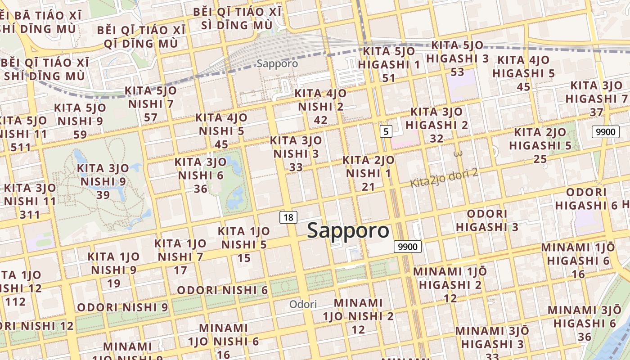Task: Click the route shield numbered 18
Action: [288, 218]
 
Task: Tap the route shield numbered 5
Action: [386, 131]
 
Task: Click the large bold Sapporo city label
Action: [348, 230]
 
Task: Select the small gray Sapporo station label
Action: [277, 63]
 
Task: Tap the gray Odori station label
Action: [303, 304]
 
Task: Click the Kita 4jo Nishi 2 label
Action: [320, 107]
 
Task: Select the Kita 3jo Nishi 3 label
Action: [296, 153]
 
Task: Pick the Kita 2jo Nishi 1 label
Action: [368, 173]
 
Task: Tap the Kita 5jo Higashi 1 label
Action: [389, 64]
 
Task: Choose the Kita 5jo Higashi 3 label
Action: [457, 58]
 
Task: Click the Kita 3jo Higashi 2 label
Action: [436, 125]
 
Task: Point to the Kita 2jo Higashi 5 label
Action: [540, 145]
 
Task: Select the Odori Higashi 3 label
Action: [487, 220]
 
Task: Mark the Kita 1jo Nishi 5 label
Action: [243, 244]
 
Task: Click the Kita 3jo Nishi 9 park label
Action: [103, 181]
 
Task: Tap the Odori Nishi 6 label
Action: [222, 290]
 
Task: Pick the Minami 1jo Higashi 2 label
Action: [450, 284]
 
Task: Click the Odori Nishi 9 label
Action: [122, 307]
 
